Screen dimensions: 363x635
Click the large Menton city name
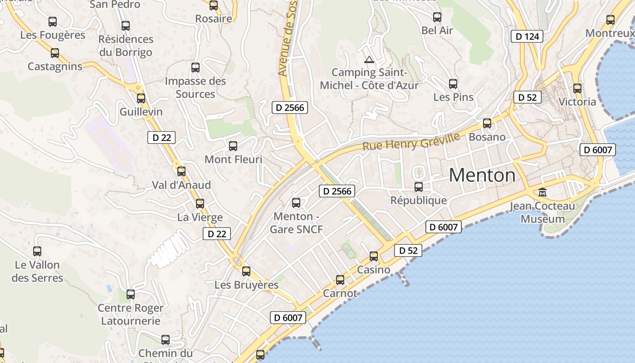coord(482,175)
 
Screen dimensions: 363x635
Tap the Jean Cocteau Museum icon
coord(542,192)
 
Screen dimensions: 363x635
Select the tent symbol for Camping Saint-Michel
coord(369,59)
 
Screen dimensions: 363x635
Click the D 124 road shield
coord(527,36)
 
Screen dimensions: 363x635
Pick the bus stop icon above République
coord(419,186)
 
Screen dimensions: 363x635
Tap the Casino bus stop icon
coord(374,256)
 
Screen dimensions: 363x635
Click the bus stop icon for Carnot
coord(340,280)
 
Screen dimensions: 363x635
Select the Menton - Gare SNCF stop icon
coord(296,203)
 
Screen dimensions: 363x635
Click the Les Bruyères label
coord(246,285)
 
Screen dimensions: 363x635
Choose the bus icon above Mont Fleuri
coord(233,146)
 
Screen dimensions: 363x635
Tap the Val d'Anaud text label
coord(181,185)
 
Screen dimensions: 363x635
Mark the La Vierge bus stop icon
coord(200,204)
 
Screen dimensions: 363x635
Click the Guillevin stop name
coord(141,112)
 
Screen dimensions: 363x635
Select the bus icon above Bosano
coord(487,123)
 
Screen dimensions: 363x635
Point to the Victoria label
coord(577,102)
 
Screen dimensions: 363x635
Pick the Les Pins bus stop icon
coord(453,84)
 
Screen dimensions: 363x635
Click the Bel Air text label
coord(437,30)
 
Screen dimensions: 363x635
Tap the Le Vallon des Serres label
coord(37,271)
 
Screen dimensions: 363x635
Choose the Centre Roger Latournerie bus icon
coord(131,294)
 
